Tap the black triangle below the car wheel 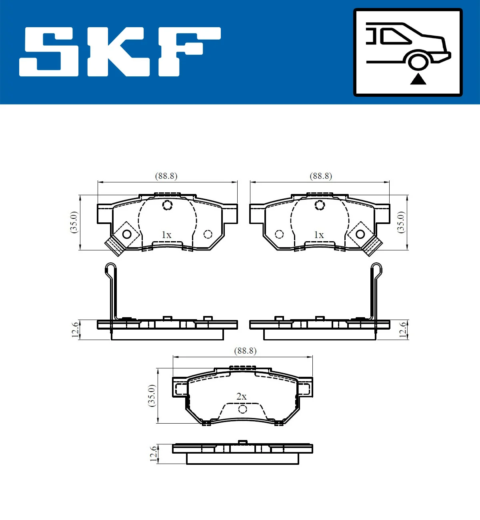click(418, 79)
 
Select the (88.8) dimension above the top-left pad click(166, 176)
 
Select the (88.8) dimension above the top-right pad click(321, 176)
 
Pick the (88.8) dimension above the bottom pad click(245, 351)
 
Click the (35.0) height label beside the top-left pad click(74, 222)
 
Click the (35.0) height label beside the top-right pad click(401, 222)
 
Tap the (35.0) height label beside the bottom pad click(152, 396)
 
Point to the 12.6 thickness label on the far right click(403, 330)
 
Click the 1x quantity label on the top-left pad click(166, 235)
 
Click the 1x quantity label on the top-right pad click(319, 235)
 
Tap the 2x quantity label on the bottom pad click(241, 396)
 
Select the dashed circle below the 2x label click(242, 409)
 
